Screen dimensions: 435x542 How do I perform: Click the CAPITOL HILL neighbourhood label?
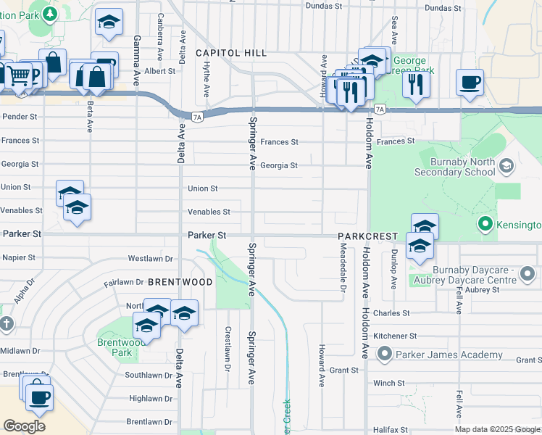pos(231,54)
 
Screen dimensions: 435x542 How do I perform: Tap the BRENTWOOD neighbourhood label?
pos(180,282)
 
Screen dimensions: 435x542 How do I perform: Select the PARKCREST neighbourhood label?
pos(367,237)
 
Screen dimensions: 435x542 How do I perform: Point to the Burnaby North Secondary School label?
pos(454,167)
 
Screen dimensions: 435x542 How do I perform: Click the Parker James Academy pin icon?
pos(384,355)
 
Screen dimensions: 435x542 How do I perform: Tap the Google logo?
pos(24,426)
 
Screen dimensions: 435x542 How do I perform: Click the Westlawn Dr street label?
pos(151,258)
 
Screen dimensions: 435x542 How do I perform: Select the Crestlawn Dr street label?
pos(228,349)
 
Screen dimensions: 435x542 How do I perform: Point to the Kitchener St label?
pos(395,336)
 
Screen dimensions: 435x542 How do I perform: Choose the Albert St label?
pos(159,71)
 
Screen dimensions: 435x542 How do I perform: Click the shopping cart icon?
pos(19,74)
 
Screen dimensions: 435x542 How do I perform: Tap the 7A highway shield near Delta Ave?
pos(196,116)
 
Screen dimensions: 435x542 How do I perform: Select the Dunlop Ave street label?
pos(394,270)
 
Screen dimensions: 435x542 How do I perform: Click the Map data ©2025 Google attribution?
pos(496,429)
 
